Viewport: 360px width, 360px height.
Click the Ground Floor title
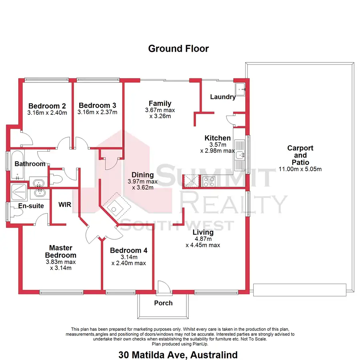pos(178,49)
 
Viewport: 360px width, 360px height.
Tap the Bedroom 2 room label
pos(47,106)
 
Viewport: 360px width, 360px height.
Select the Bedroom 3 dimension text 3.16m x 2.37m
pos(97,112)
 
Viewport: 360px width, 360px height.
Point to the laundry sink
pos(241,89)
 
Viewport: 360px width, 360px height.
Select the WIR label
pos(64,205)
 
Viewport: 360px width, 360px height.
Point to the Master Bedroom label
pos(60,252)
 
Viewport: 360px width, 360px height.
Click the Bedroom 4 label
pos(128,251)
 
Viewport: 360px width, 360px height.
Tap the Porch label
pos(163,303)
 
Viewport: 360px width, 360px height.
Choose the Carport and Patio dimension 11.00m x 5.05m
pos(300,169)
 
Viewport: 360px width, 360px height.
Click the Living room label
pos(203,232)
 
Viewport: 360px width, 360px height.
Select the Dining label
pos(143,175)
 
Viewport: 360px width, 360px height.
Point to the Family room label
pos(160,104)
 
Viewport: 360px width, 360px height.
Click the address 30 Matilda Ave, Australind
pos(178,355)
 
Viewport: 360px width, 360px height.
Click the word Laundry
pos(222,97)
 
